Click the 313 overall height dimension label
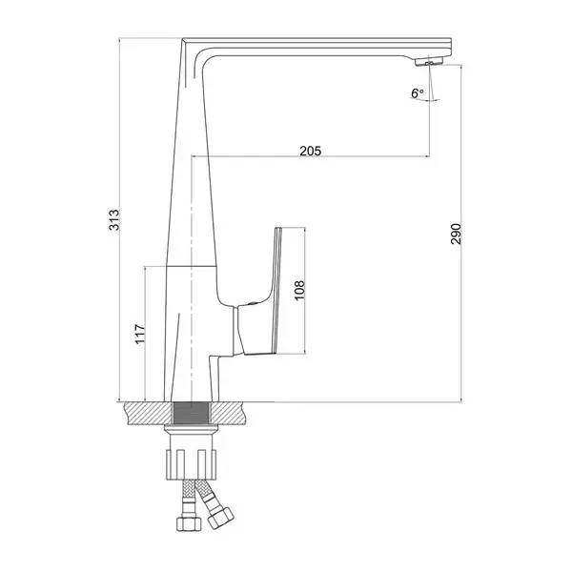coord(114,219)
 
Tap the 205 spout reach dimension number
coord(311,151)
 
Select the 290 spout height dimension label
coord(456,234)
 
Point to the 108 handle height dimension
coord(299,291)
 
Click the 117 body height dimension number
coord(140,334)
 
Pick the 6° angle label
coord(418,93)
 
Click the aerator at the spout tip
coord(429,61)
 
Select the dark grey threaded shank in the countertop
coord(192,414)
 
